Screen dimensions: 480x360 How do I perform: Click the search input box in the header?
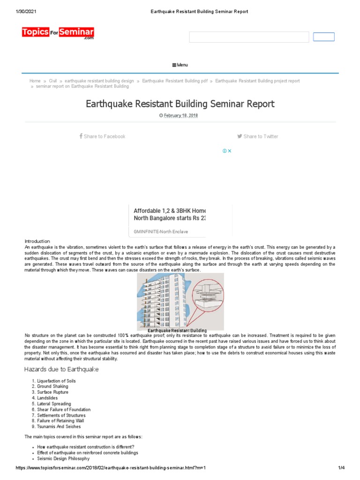tap(249, 37)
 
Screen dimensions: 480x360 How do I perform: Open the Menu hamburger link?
tap(180, 65)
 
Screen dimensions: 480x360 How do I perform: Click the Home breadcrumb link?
tap(35, 81)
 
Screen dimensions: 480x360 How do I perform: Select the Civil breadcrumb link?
tap(53, 81)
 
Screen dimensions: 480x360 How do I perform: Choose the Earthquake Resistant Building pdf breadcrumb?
tap(174, 81)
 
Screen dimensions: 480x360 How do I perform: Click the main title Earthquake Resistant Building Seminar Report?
tap(180, 104)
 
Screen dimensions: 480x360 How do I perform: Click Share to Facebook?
tap(102, 136)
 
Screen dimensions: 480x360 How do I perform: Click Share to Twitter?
tap(258, 136)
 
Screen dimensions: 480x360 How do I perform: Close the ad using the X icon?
tap(230, 151)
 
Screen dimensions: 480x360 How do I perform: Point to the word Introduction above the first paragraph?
tap(34, 241)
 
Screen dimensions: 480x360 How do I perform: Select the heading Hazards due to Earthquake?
tap(61, 369)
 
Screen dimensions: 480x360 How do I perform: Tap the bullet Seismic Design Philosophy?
tap(63, 458)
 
